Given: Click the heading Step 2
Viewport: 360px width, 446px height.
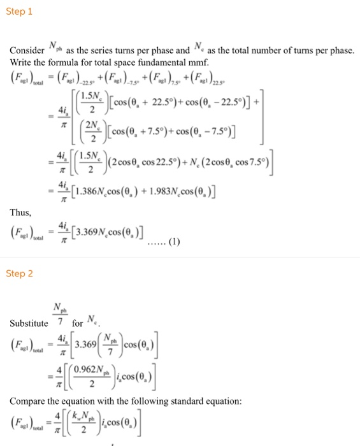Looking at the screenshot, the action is click(x=19, y=273).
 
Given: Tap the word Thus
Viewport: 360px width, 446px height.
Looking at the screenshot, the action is click(x=21, y=212).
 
